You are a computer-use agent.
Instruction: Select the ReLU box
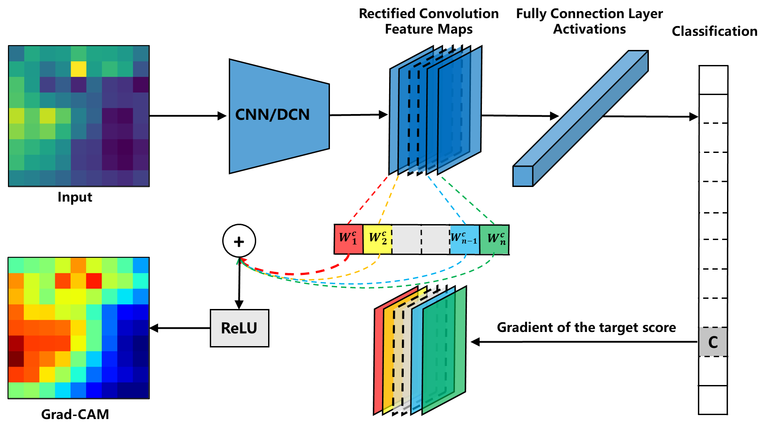pos(239,328)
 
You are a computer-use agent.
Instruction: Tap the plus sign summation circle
pos(239,241)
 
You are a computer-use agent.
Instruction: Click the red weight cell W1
pos(348,239)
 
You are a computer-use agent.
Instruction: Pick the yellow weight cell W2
pos(378,239)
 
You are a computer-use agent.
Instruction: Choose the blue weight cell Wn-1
pos(464,239)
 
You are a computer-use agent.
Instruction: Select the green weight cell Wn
pos(495,239)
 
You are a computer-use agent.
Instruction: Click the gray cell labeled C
pos(713,342)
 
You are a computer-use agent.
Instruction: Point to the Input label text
pos(75,197)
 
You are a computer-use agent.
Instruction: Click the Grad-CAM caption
pos(75,414)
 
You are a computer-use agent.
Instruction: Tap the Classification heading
pos(714,31)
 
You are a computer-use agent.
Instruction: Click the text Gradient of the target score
pos(586,328)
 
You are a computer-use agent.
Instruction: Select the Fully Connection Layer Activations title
pos(589,21)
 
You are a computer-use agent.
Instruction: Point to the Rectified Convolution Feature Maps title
pos(428,21)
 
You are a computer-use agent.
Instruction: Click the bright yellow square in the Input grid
pos(79,69)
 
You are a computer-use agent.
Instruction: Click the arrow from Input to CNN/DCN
pos(188,116)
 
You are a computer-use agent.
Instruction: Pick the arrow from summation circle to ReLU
pos(239,283)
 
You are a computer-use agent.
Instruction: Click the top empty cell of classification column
pos(713,80)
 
